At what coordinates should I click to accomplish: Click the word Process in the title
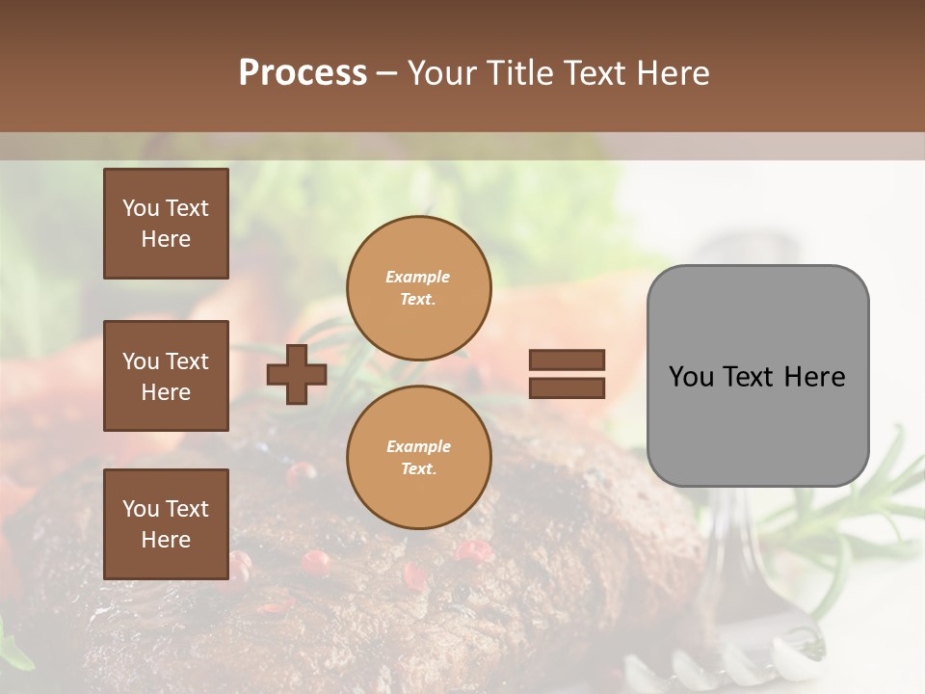[x=303, y=73]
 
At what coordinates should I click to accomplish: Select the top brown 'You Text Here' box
[x=166, y=224]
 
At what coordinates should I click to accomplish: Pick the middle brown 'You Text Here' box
[x=166, y=376]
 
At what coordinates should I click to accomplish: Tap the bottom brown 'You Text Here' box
[x=166, y=524]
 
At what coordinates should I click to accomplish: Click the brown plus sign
[x=297, y=374]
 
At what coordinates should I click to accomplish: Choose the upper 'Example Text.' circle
[x=418, y=288]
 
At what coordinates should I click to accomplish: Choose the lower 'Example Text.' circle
[x=418, y=458]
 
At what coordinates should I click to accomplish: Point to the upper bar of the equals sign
[x=568, y=360]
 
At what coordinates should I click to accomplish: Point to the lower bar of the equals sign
[x=568, y=387]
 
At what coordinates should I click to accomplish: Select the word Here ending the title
[x=672, y=73]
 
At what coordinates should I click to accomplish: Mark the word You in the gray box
[x=691, y=377]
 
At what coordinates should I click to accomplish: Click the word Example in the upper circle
[x=418, y=278]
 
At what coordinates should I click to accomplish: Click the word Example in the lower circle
[x=418, y=447]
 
